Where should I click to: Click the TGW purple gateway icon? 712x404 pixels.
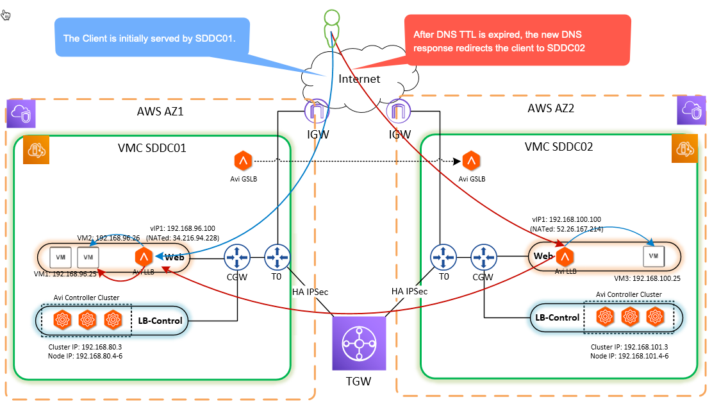[x=358, y=344]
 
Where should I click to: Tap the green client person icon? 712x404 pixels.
[x=330, y=26]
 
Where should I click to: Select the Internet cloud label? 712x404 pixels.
[x=359, y=79]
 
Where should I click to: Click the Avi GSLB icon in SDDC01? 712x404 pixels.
[x=244, y=160]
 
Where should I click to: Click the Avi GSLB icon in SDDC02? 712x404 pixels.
[x=471, y=160]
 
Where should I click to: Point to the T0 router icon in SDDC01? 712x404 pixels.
[x=277, y=259]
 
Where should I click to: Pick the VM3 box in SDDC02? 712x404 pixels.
[x=653, y=256]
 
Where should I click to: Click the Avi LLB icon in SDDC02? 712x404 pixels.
[x=565, y=257]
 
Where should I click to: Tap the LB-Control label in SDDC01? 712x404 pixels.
[x=160, y=320]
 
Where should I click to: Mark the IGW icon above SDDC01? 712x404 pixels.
[x=317, y=112]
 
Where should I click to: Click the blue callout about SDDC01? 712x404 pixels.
[x=149, y=38]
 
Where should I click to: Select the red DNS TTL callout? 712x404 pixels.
[x=518, y=40]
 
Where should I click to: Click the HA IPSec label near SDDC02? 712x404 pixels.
[x=410, y=290]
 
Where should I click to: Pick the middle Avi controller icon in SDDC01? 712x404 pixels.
[x=88, y=319]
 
